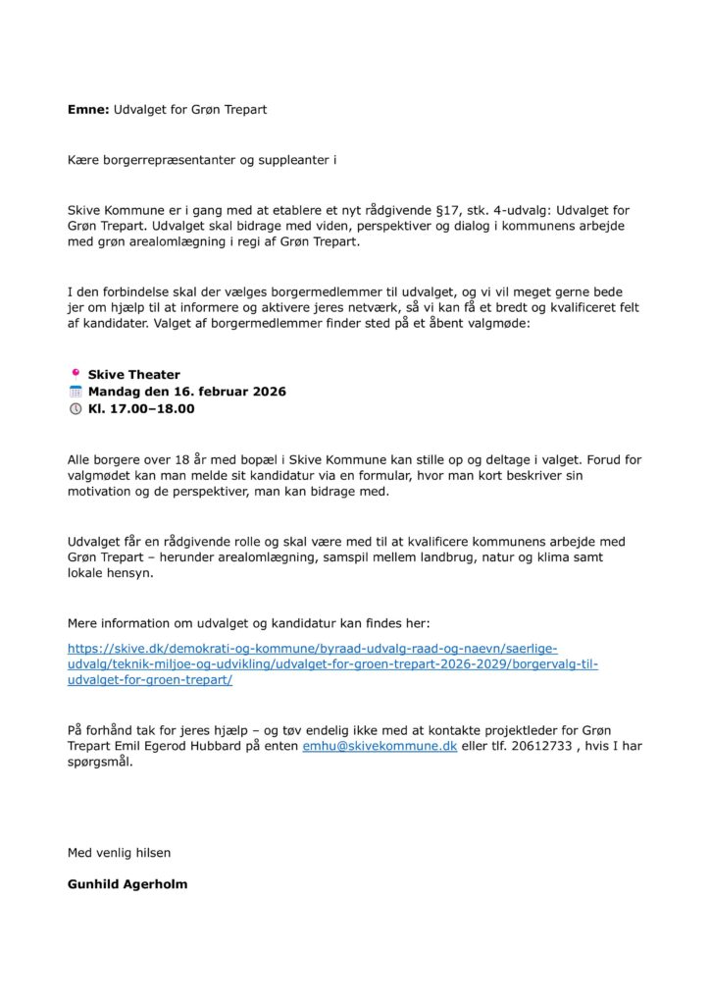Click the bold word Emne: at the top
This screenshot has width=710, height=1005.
(88, 110)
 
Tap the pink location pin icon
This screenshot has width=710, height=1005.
(75, 374)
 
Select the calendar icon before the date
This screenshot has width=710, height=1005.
(75, 391)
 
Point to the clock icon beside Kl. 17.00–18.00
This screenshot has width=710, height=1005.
(75, 408)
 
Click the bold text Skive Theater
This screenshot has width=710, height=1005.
(134, 375)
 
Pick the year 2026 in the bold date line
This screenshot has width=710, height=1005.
(266, 392)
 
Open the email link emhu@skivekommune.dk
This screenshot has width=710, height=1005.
(380, 747)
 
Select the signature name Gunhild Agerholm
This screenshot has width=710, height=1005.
(127, 883)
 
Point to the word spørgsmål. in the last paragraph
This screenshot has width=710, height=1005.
(99, 763)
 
